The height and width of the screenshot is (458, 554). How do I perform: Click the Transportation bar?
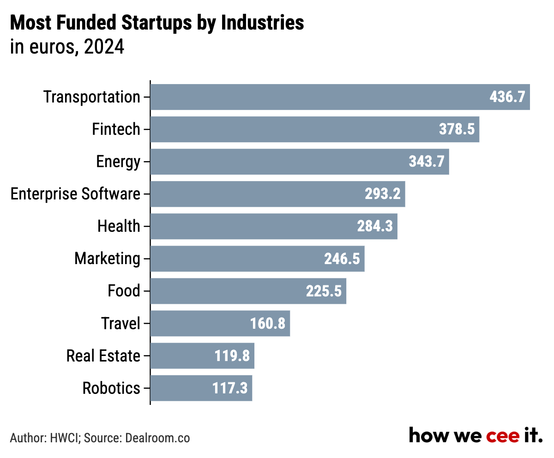coord(340,97)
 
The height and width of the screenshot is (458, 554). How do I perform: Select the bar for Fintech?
coord(315,129)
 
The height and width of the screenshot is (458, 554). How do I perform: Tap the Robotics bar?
coord(201,388)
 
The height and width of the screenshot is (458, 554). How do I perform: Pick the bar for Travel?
coord(220,324)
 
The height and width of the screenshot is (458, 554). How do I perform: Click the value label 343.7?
coord(427,161)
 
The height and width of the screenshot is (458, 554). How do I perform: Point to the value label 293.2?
coord(382,194)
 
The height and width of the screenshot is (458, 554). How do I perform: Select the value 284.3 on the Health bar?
coord(374,226)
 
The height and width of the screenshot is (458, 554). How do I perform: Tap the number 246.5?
coord(342,259)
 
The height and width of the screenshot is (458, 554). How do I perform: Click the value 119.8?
coord(232,356)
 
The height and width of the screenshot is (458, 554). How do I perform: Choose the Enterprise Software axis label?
coord(75,194)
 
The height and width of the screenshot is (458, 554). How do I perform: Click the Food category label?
coord(124,290)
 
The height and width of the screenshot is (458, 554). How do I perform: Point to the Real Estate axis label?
coord(103,356)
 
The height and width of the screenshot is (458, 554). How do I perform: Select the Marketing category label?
coord(107,259)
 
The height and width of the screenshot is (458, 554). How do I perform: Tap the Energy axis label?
coord(118,162)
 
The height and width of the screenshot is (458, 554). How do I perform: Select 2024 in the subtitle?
coord(104,47)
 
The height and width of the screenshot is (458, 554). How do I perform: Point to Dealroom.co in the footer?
coord(157,438)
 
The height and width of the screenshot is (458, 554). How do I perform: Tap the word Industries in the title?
coord(262,23)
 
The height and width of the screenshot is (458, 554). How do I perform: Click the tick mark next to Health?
coord(147,226)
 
